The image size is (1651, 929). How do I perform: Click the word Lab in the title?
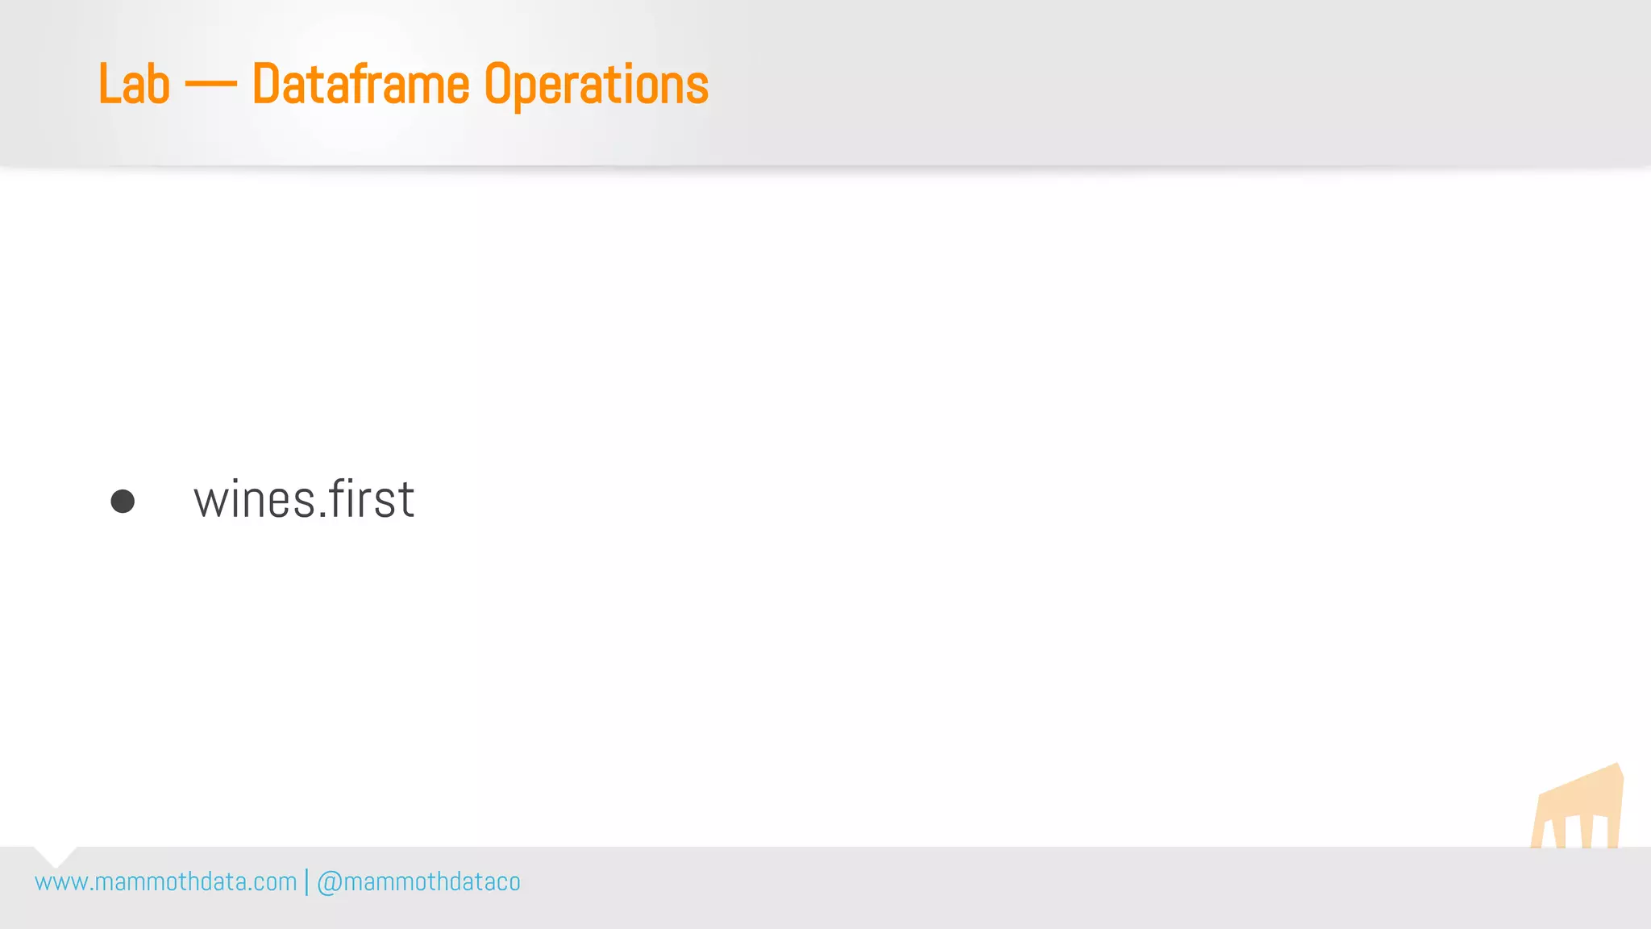tap(134, 85)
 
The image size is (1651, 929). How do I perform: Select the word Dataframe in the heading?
tap(360, 85)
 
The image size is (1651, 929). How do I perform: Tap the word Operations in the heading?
tap(596, 85)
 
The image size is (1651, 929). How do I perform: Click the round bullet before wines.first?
tap(123, 501)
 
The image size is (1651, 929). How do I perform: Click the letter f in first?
tap(340, 498)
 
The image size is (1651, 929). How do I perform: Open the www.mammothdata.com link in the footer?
tap(166, 882)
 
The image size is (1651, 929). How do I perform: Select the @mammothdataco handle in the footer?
tap(418, 882)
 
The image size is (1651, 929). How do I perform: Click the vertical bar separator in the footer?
tap(306, 882)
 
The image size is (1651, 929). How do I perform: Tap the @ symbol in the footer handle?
tap(329, 883)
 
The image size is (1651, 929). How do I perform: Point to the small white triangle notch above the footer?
tap(55, 856)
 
